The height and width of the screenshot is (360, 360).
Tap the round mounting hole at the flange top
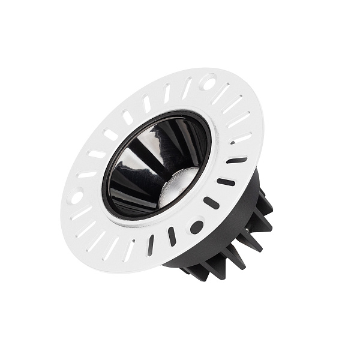(x=209, y=80)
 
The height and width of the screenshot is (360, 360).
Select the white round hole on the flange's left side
(x=76, y=195)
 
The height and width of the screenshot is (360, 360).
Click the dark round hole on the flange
(x=196, y=227)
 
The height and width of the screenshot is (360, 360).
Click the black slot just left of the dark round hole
(x=172, y=236)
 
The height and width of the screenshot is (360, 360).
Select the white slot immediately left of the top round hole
(x=187, y=88)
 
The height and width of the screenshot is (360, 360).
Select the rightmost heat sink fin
(x=264, y=204)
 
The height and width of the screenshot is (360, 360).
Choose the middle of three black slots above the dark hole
(x=226, y=182)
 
